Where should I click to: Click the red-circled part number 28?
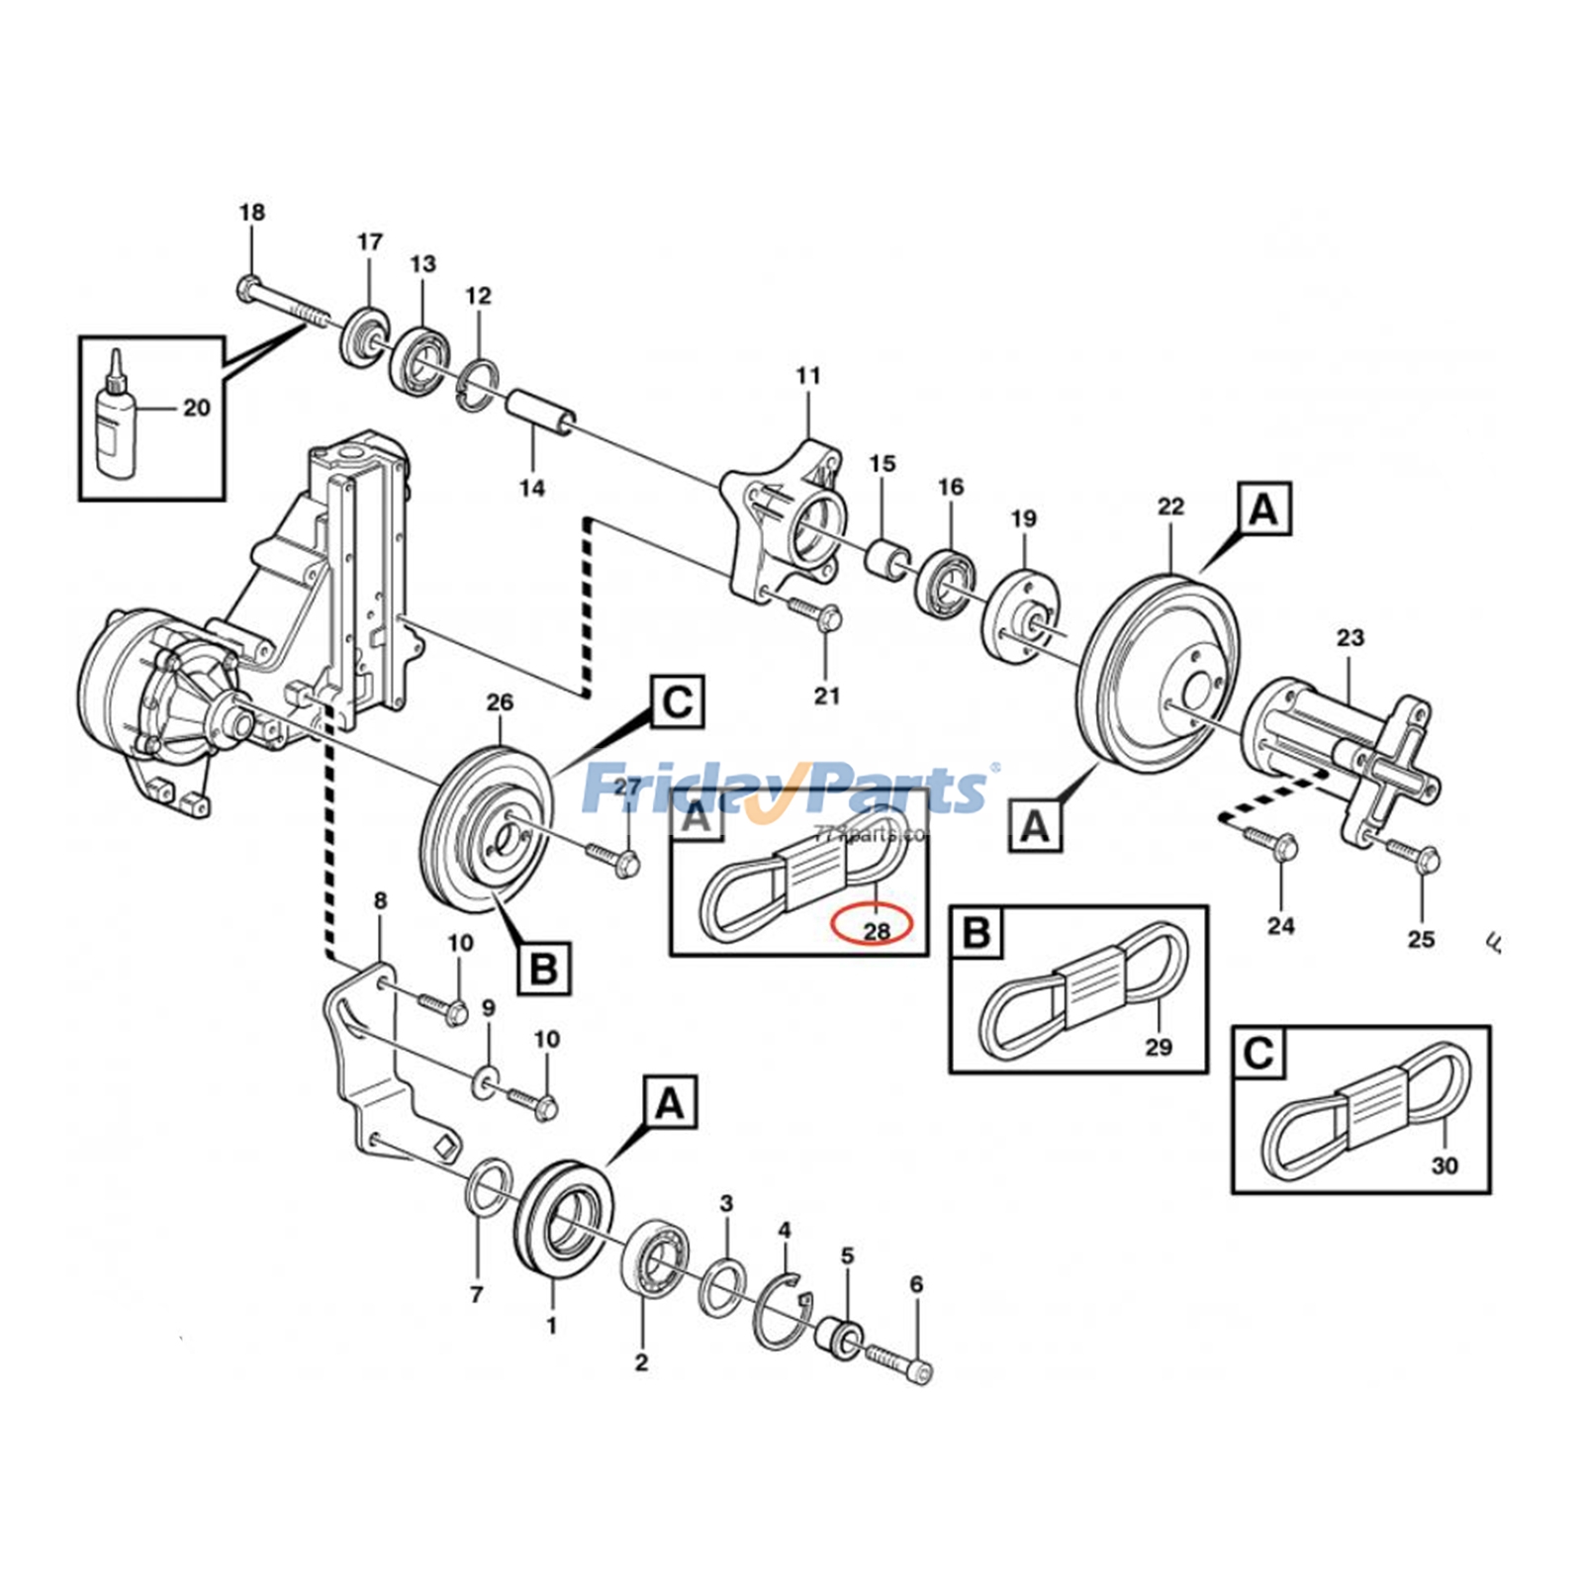coord(876,929)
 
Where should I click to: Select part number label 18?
coord(252,212)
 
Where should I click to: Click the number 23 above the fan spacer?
coord(1350,637)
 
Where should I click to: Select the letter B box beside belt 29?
coord(977,933)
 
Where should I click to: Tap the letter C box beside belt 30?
coord(1258,1053)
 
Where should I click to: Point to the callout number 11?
coord(808,376)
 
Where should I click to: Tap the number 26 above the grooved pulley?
coord(500,702)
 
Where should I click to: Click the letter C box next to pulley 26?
coord(678,701)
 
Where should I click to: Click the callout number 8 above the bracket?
coord(381,900)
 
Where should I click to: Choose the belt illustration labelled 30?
coord(1365,1113)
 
